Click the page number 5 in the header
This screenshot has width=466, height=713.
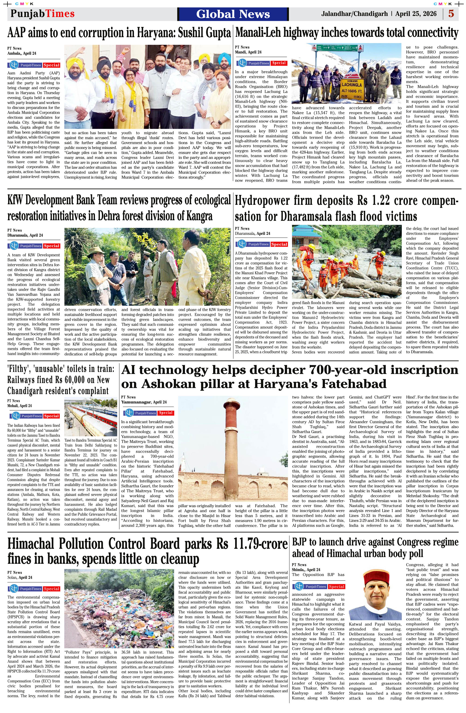click(x=451, y=14)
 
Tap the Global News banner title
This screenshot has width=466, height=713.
click(x=233, y=14)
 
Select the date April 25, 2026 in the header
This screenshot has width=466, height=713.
click(x=416, y=14)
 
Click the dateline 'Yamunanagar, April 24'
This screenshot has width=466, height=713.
click(x=144, y=402)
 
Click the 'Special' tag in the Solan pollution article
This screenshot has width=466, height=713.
click(x=51, y=589)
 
